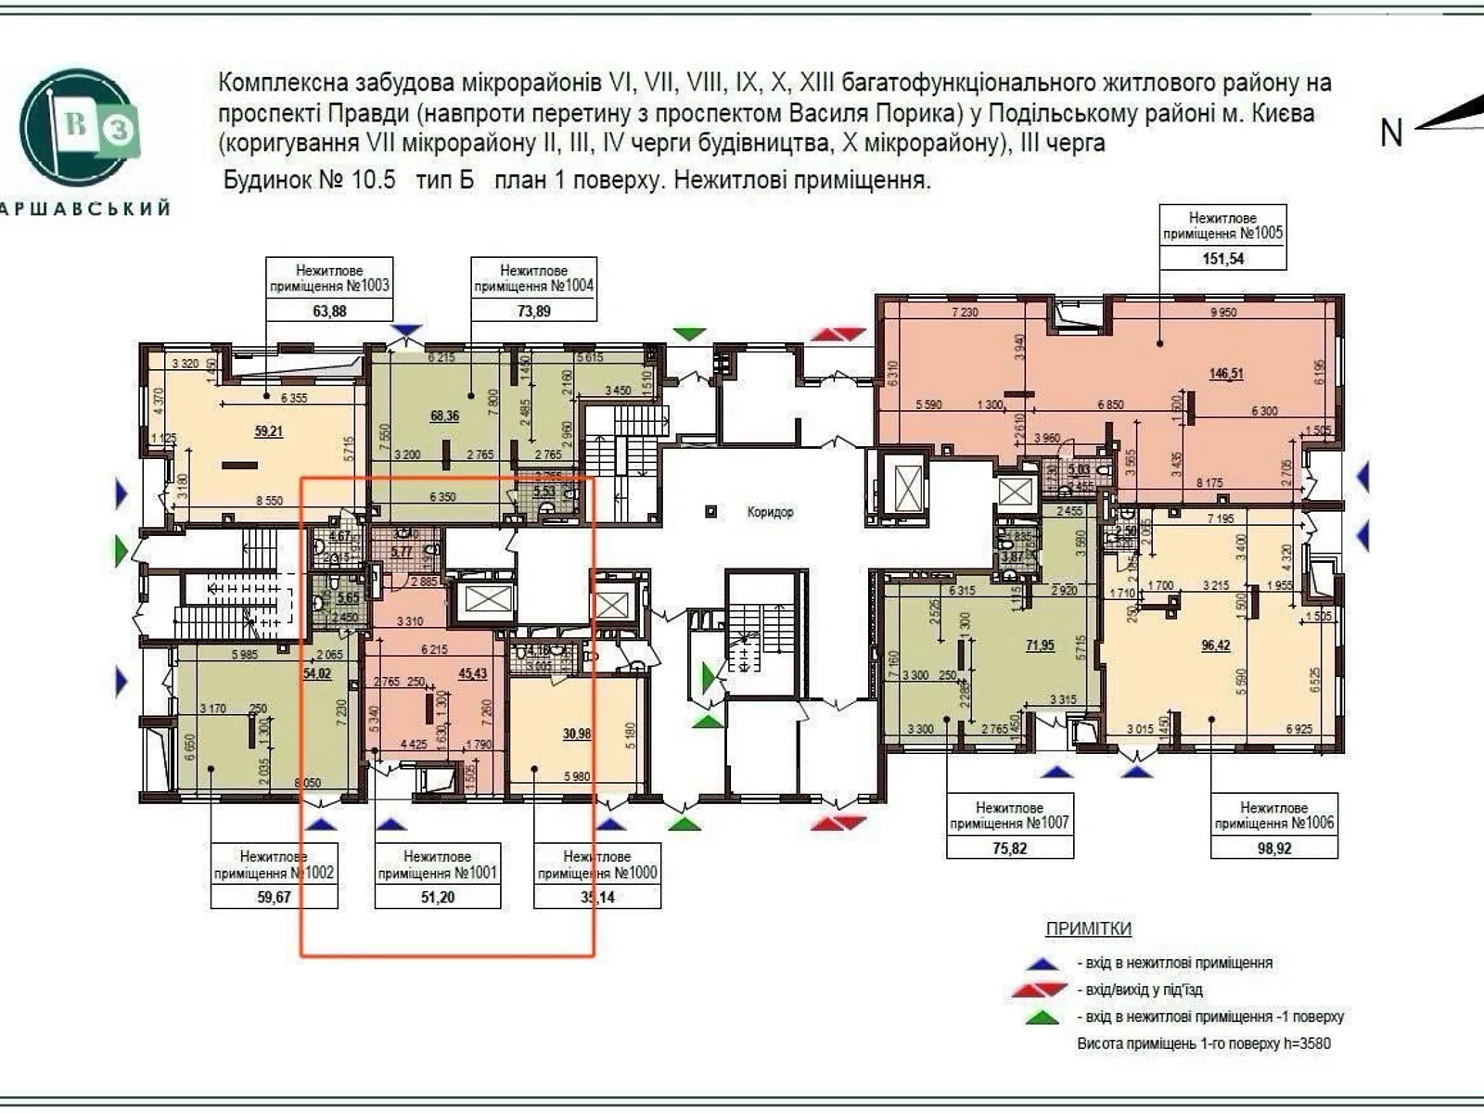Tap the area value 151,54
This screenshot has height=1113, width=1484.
(x=1222, y=259)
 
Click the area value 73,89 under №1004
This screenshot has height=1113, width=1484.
(x=533, y=312)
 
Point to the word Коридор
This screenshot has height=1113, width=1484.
(x=770, y=512)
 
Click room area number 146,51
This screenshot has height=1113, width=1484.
(x=1225, y=374)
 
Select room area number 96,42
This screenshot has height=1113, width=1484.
(x=1215, y=645)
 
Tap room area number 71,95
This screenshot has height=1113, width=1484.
(x=1039, y=645)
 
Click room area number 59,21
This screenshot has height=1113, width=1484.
(x=268, y=431)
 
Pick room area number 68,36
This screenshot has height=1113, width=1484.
(x=444, y=416)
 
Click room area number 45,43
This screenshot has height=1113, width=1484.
(x=472, y=673)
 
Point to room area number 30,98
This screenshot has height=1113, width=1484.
(x=576, y=734)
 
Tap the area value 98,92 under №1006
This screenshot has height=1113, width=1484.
(x=1274, y=848)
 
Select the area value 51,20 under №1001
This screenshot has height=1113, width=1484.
(x=438, y=897)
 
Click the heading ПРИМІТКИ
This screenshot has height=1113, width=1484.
(x=1088, y=928)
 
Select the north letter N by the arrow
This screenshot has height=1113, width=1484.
(x=1390, y=134)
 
